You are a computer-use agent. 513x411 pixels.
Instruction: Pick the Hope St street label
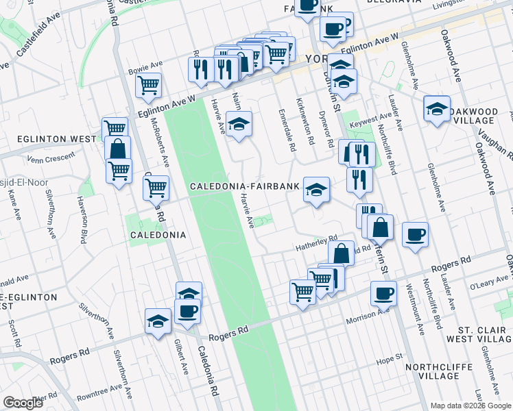388,359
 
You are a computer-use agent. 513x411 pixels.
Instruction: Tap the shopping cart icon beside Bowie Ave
148,85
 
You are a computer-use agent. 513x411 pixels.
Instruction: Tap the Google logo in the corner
23,403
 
